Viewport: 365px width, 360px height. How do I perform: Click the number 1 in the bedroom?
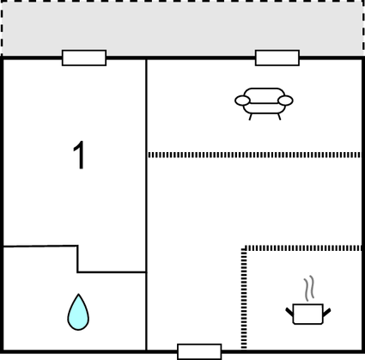click(x=79, y=155)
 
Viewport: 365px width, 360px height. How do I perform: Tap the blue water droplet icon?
click(x=78, y=312)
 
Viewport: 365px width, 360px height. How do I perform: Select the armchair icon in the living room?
click(x=264, y=104)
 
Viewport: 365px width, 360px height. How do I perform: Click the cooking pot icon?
click(x=308, y=314)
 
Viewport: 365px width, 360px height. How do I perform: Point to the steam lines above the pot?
click(x=309, y=288)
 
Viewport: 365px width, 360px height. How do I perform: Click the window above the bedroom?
click(x=84, y=58)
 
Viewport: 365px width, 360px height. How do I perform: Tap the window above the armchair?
click(x=277, y=58)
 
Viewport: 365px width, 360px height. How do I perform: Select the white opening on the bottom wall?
click(x=199, y=351)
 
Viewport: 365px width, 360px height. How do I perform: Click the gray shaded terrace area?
click(x=182, y=28)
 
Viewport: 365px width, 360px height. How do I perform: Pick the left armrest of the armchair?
click(x=242, y=101)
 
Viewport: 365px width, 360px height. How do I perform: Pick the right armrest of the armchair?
click(x=285, y=101)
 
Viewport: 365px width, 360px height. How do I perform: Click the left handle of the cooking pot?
click(x=289, y=312)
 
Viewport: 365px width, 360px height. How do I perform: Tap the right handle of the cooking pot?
click(x=326, y=312)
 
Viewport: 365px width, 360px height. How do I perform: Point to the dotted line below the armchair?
click(x=254, y=155)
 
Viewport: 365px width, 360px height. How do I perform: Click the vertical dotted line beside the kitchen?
click(x=244, y=298)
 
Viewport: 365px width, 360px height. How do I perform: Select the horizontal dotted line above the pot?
click(x=303, y=248)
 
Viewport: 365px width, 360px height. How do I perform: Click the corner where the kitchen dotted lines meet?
click(x=244, y=248)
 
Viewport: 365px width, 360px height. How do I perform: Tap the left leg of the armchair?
click(x=251, y=117)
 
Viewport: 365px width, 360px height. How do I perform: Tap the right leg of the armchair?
click(x=279, y=117)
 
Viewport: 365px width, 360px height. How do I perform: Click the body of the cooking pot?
click(x=308, y=314)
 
